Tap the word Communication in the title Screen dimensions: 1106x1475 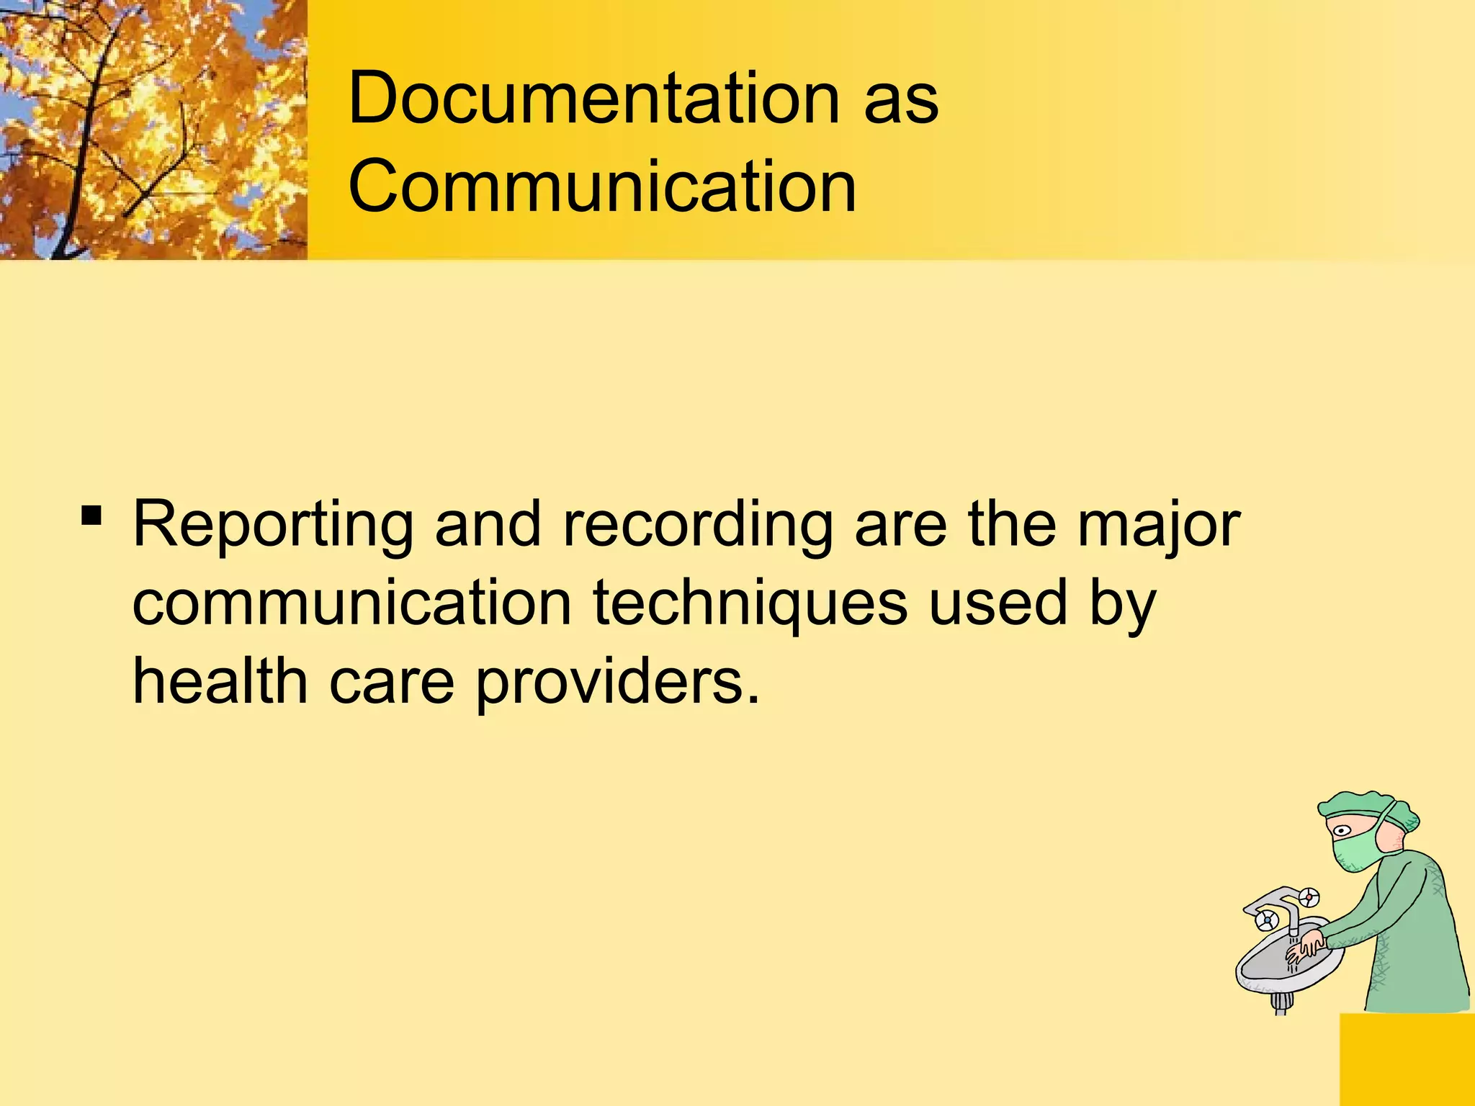602,186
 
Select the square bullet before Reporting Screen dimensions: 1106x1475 91,516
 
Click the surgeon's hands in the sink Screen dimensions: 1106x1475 1308,948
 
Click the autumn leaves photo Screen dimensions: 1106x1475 153,130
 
